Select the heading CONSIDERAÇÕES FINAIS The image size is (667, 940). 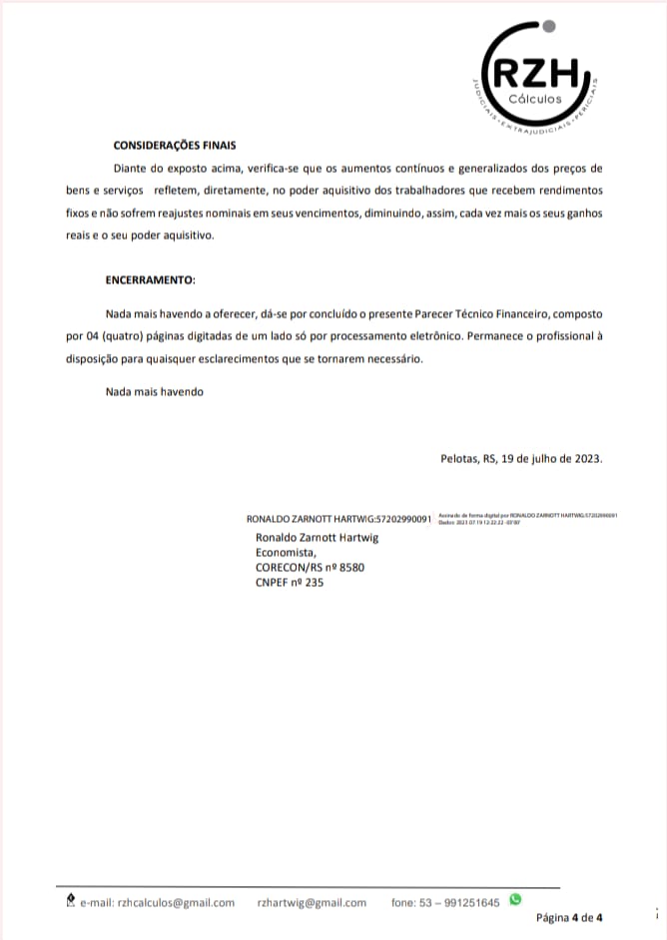tap(175, 145)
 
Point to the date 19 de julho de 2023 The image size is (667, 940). tap(552, 459)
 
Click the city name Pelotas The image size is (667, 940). tap(459, 459)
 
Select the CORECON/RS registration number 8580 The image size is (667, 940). tap(352, 567)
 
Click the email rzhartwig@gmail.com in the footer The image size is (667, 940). tap(312, 903)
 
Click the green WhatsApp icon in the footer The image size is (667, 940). tap(515, 900)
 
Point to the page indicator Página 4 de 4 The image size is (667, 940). tap(569, 918)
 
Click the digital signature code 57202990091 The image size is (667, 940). tap(401, 519)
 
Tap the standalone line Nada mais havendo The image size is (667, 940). tap(155, 392)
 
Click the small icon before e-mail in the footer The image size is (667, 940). tap(69, 902)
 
